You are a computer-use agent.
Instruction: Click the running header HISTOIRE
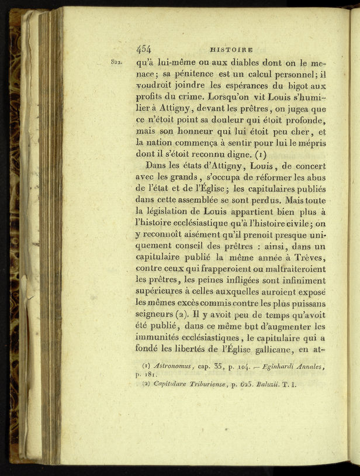click(231, 50)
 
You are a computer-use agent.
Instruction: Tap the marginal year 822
click(114, 60)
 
